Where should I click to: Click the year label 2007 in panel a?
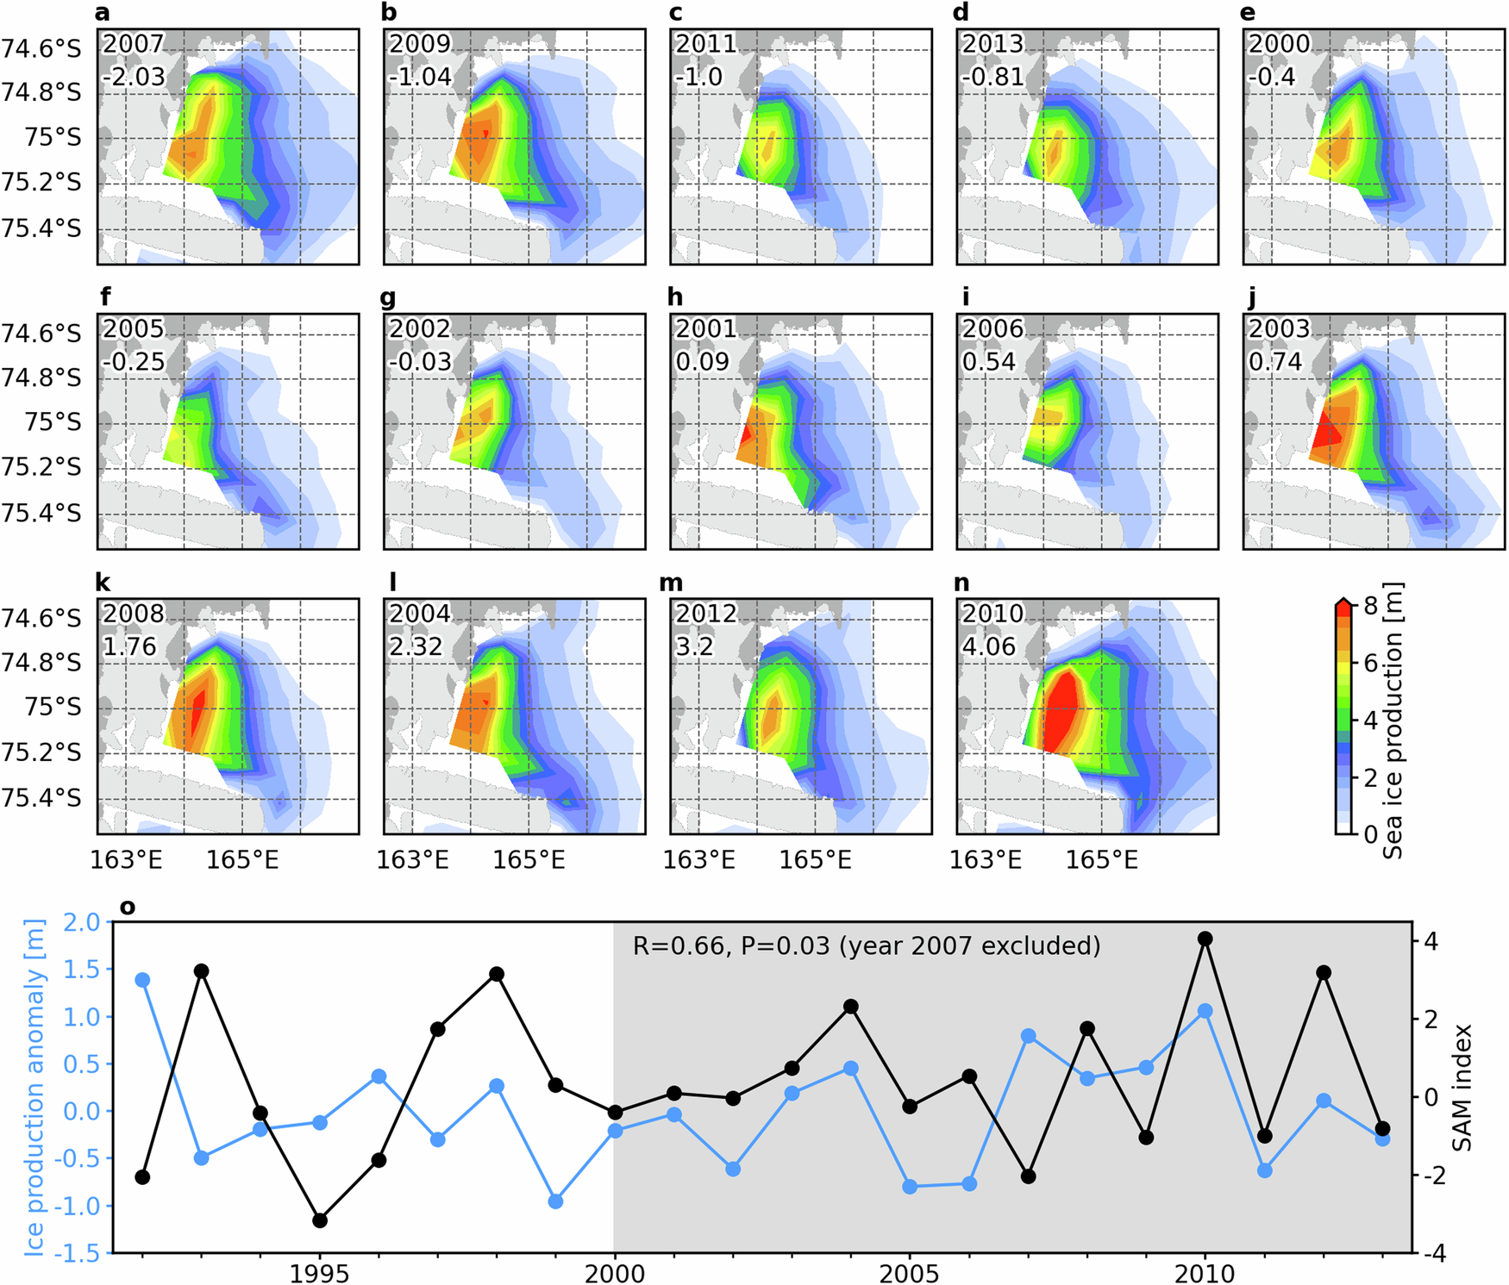(133, 44)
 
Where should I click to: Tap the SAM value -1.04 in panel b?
(420, 77)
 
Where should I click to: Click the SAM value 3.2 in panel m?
(694, 646)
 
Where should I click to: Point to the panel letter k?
(103, 583)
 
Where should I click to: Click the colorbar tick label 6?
(1370, 663)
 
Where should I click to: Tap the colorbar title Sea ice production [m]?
(1393, 720)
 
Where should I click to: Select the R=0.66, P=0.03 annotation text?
(866, 946)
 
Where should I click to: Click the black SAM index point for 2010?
(1205, 939)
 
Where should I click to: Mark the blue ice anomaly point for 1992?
(143, 980)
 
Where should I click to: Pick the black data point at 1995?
(320, 1220)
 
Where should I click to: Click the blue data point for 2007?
(1029, 1036)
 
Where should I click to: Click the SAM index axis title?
(1462, 1088)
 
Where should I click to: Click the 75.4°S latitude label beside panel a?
(41, 228)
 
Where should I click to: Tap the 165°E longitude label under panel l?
(529, 860)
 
